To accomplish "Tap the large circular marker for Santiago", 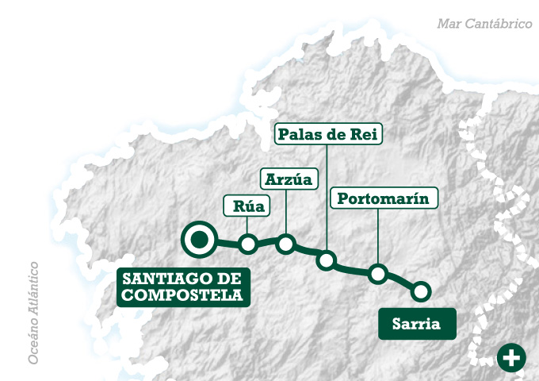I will pos(199,239).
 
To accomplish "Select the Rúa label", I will pos(248,207).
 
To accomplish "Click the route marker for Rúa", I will pos(248,244).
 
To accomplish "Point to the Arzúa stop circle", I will pos(286,243).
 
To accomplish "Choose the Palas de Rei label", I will pos(328,133).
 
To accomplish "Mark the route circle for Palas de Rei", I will pos(327,260).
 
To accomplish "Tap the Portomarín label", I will pos(383,198).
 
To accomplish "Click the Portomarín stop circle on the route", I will pos(378,274).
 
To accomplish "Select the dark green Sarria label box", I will pos(417,324).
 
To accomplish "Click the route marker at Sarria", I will pos(421,291).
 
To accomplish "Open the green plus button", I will pos(511,358).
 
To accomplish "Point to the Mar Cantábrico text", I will pos(484,24).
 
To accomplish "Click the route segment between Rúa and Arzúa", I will pos(267,241).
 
